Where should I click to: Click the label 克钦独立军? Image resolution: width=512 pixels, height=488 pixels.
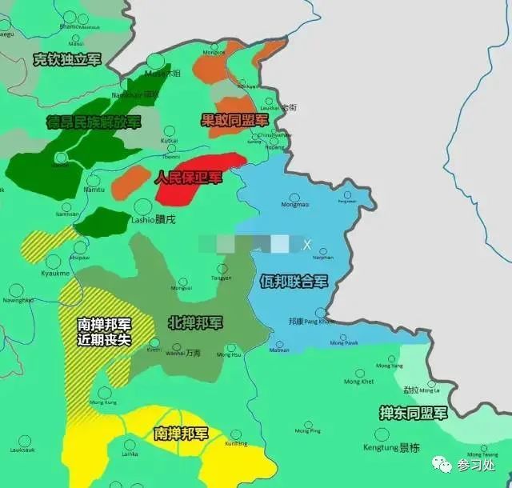pos(67,59)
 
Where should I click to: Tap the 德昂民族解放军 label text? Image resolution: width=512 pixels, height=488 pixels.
pos(93,122)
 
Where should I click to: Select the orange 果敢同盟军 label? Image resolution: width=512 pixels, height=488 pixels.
pos(234,120)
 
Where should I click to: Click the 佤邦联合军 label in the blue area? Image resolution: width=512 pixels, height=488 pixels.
pos(294,281)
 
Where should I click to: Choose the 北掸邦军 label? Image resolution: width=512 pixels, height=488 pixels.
pos(195,322)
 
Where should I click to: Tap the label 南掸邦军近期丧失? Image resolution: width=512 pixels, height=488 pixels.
pos(103,332)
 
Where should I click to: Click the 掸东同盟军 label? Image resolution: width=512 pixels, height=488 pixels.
pos(414,413)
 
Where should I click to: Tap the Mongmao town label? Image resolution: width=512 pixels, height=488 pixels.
pos(294,207)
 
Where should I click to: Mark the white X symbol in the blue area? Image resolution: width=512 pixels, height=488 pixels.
pos(307,245)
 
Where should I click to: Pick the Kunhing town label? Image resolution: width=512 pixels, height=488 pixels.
pos(236,442)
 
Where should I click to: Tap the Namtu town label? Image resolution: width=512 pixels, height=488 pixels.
pos(94,191)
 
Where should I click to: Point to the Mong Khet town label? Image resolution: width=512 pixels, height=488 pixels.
pos(358,382)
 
